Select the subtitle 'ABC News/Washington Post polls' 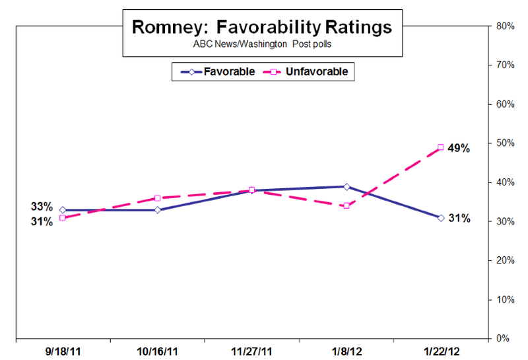click(262, 45)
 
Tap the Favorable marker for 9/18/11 click(63, 210)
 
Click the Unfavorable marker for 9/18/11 click(63, 218)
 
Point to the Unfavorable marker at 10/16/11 click(157, 198)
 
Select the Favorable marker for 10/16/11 click(157, 210)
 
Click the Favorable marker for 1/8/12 click(346, 186)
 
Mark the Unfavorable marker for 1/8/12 click(346, 206)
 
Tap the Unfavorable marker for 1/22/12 click(440, 147)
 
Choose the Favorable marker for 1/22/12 click(440, 217)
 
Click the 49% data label click(459, 149)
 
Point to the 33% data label click(41, 206)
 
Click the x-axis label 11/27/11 click(251, 350)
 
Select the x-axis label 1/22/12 click(440, 350)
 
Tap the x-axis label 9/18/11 click(63, 350)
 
